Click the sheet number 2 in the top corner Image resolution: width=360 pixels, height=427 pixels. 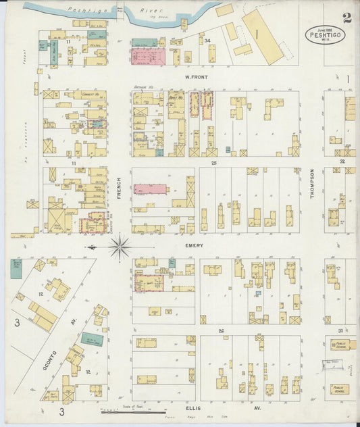pyautogui.click(x=346, y=18)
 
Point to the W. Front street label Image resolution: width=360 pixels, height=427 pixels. pyautogui.click(x=195, y=78)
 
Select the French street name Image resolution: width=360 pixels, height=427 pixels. pyautogui.click(x=118, y=186)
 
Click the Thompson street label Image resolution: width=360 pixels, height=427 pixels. pyautogui.click(x=312, y=183)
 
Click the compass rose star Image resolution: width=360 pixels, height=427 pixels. pyautogui.click(x=120, y=247)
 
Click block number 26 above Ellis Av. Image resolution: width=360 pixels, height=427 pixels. pyautogui.click(x=220, y=330)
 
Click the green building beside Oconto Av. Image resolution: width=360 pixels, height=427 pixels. pyautogui.click(x=93, y=339)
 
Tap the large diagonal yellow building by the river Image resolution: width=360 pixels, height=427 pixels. pyautogui.click(x=263, y=36)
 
